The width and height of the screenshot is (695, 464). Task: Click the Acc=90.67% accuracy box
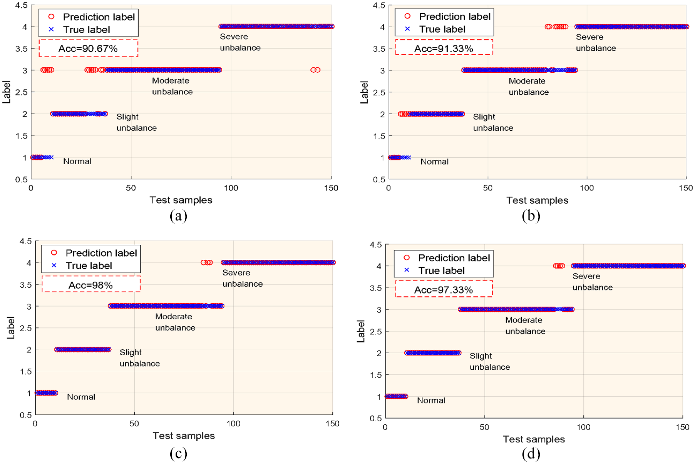click(x=88, y=48)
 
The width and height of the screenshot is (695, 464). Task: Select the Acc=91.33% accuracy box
click(x=444, y=47)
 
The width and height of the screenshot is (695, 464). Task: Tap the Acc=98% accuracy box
click(x=91, y=284)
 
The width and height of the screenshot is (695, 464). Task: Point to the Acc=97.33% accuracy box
click(x=444, y=289)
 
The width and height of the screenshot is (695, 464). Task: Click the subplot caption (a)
click(x=178, y=216)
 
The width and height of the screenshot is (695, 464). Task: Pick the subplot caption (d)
click(x=531, y=454)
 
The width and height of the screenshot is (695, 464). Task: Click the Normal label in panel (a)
click(x=77, y=161)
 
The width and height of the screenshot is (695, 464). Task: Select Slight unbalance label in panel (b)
click(x=493, y=122)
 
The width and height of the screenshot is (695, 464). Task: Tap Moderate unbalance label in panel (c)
click(x=175, y=322)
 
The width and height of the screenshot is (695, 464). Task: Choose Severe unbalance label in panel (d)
click(x=592, y=282)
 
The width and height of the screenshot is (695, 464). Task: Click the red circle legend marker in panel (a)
click(x=51, y=17)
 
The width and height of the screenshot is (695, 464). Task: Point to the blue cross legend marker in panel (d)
click(x=407, y=270)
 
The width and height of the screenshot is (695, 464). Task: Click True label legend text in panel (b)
click(x=442, y=29)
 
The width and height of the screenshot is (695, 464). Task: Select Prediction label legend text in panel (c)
click(x=101, y=253)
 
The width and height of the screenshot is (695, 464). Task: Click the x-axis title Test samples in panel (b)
click(x=537, y=200)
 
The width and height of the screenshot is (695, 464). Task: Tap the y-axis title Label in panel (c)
click(x=11, y=328)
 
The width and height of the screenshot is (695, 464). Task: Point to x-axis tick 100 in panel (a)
click(x=231, y=188)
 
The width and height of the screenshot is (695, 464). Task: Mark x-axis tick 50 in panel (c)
click(x=134, y=424)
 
